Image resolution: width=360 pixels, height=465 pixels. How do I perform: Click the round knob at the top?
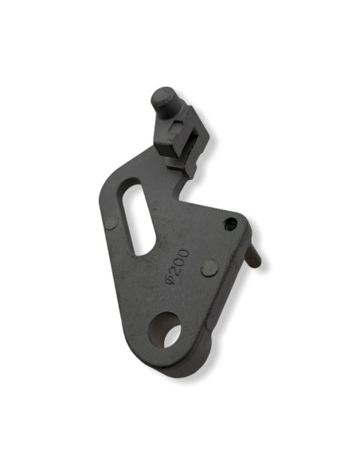coord(164,99)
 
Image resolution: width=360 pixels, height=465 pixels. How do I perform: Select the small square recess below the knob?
coord(177,127)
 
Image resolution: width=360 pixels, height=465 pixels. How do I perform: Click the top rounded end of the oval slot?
coord(133,190)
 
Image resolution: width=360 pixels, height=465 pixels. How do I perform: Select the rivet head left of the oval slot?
coord(112,223)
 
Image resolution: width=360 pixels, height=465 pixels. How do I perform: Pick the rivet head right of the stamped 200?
coord(210,268)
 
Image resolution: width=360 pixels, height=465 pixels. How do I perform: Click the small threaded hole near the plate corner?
coord(231,223)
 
